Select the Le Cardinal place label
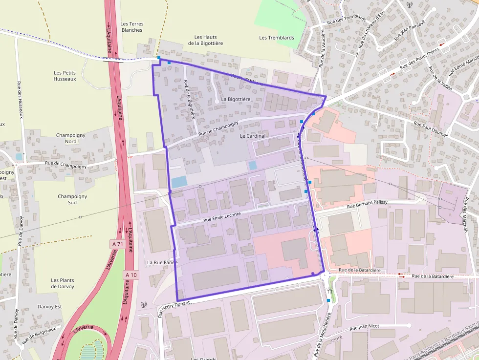(x=253, y=136)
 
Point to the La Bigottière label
(x=236, y=99)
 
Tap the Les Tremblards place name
(x=277, y=38)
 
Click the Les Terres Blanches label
(x=131, y=27)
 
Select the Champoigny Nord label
(x=71, y=138)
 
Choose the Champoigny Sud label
(x=72, y=199)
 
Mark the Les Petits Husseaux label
(x=65, y=76)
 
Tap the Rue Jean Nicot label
(x=361, y=327)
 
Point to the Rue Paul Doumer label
(x=431, y=128)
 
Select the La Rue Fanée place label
(x=162, y=262)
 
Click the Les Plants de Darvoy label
(x=63, y=283)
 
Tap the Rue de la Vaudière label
(x=322, y=47)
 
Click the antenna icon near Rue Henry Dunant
(x=144, y=305)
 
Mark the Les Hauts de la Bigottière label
(x=205, y=40)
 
